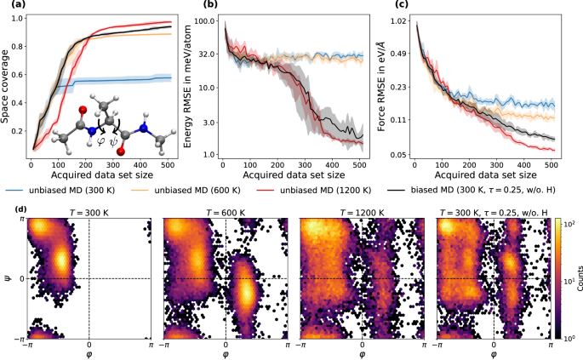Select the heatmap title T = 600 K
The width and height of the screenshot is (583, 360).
(224, 210)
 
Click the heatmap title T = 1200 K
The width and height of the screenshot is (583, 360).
(360, 210)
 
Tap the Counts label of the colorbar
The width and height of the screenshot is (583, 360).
(576, 278)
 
